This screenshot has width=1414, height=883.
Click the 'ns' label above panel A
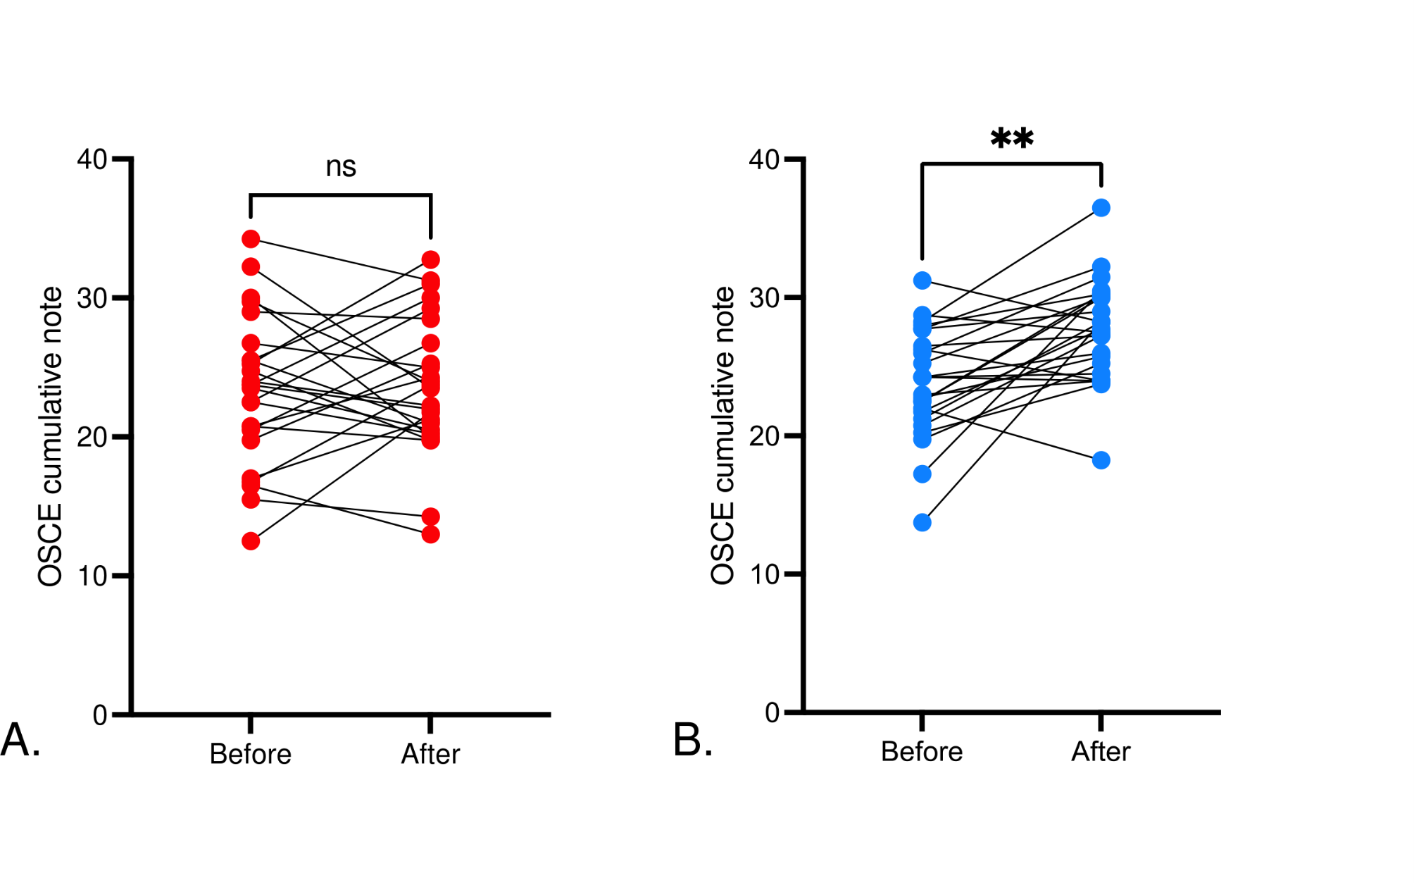[x=341, y=167]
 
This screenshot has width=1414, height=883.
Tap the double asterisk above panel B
[x=1012, y=137]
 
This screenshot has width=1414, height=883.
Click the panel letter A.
[x=20, y=740]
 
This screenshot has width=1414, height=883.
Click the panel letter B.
[x=693, y=740]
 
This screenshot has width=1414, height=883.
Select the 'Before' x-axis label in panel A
[x=251, y=754]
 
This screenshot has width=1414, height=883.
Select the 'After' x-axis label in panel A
[x=430, y=754]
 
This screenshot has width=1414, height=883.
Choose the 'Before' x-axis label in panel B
[x=922, y=751]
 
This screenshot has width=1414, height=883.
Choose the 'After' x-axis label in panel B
[x=1101, y=751]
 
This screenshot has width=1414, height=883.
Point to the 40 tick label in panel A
[x=92, y=159]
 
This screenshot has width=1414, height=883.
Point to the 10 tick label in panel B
[x=764, y=574]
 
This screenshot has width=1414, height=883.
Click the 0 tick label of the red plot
[x=100, y=715]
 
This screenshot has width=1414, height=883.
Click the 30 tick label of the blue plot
[x=764, y=297]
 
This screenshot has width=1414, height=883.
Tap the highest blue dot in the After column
[x=1101, y=208]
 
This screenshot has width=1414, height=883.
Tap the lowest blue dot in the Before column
[x=922, y=522]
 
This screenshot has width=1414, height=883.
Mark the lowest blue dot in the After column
[x=1101, y=460]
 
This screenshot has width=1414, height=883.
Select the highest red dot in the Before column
[x=251, y=239]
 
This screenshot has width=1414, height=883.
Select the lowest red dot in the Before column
[x=251, y=541]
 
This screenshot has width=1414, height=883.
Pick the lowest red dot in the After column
[x=431, y=534]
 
